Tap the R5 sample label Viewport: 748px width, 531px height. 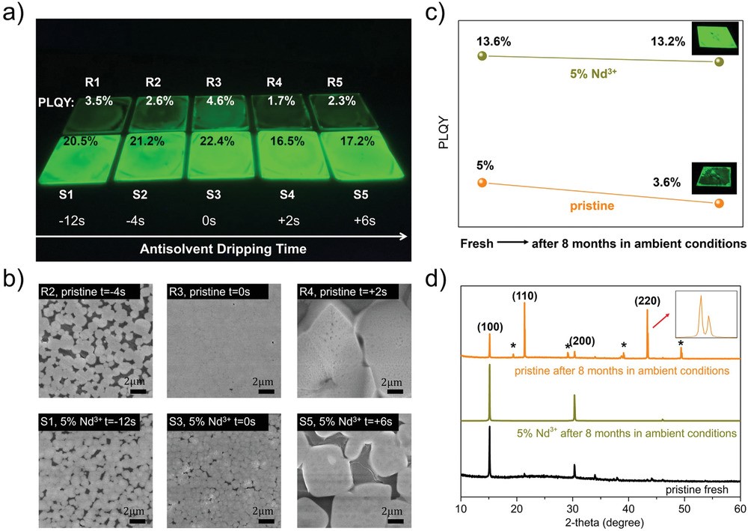point(340,82)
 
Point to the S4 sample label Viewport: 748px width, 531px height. point(286,195)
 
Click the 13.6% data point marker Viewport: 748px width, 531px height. point(482,55)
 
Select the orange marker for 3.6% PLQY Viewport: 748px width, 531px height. point(719,203)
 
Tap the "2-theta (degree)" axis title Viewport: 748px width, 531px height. point(600,523)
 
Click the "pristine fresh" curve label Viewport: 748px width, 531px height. point(699,489)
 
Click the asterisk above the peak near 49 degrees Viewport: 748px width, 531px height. point(681,343)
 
